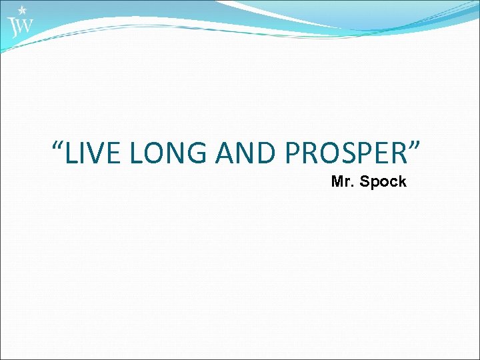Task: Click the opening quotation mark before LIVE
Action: pyautogui.click(x=59, y=145)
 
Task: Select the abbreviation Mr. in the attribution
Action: pyautogui.click(x=343, y=181)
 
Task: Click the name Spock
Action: pyautogui.click(x=383, y=181)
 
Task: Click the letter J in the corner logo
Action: pyautogui.click(x=12, y=27)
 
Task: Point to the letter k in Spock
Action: pyautogui.click(x=402, y=181)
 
